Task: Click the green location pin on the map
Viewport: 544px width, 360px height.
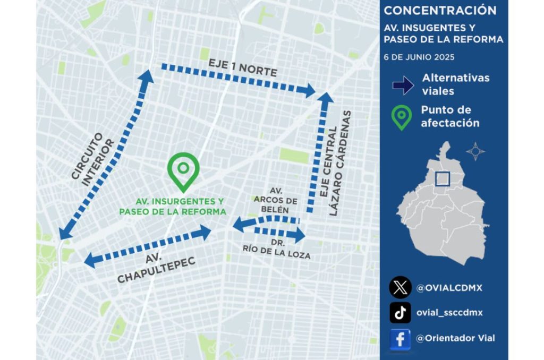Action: click(x=183, y=172)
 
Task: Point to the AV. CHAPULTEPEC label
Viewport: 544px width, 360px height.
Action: click(x=156, y=269)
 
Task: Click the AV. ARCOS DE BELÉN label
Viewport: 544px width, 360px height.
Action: click(x=275, y=200)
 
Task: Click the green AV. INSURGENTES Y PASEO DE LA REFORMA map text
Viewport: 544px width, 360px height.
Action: click(x=173, y=207)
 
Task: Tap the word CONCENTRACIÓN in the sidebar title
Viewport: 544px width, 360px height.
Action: click(x=440, y=11)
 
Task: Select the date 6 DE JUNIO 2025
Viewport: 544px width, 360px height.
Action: click(x=419, y=57)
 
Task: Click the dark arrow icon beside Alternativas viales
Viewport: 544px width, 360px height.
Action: click(x=403, y=85)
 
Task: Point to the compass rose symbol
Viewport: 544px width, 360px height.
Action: click(x=475, y=151)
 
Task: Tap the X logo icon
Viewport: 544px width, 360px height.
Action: click(x=400, y=288)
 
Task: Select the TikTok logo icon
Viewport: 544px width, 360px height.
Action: click(x=400, y=313)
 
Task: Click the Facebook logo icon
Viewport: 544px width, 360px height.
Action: click(x=400, y=338)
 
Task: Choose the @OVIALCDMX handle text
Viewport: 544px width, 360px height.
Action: click(x=449, y=288)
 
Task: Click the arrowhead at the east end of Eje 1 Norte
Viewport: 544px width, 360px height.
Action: click(x=310, y=90)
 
